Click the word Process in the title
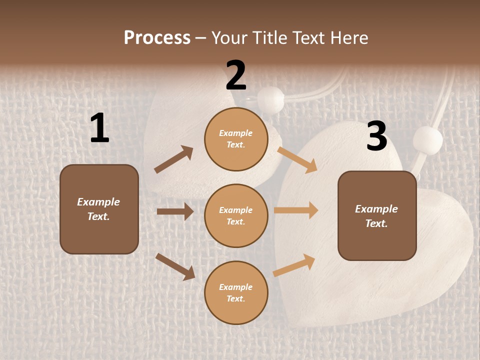click(157, 38)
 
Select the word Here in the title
click(348, 38)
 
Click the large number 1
click(99, 128)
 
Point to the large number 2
click(236, 75)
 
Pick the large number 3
click(376, 136)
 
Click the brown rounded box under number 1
click(99, 209)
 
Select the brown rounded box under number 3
click(377, 216)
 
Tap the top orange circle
click(236, 139)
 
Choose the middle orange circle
click(236, 216)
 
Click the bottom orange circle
click(236, 293)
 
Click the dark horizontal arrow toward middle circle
click(175, 211)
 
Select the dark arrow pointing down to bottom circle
click(175, 266)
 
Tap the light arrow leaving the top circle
click(297, 159)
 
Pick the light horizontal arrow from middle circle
click(296, 210)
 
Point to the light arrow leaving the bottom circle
click(294, 265)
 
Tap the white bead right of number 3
click(427, 140)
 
